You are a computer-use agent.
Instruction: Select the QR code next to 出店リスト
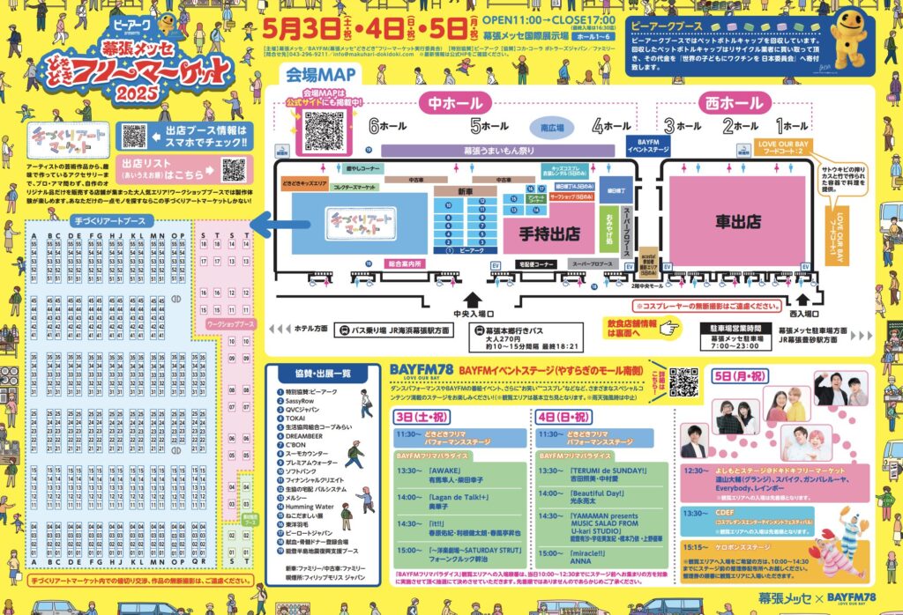point(233,169)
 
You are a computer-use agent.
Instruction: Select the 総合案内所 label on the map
point(405,263)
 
